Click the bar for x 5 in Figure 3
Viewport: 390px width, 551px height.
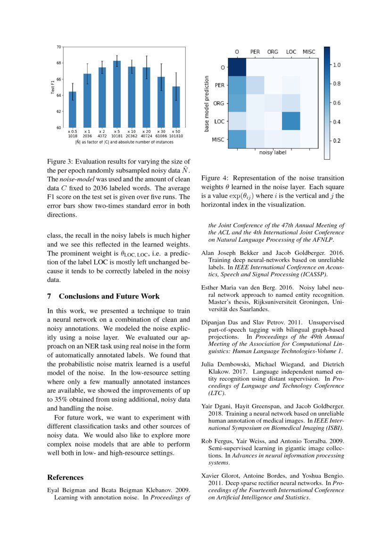click(x=116, y=94)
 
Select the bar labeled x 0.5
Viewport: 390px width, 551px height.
click(x=73, y=109)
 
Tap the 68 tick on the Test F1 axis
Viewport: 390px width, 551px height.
click(x=58, y=63)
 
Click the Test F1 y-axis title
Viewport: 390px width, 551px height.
click(x=53, y=87)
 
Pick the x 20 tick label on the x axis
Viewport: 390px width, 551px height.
click(x=147, y=133)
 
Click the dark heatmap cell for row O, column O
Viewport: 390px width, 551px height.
click(x=237, y=67)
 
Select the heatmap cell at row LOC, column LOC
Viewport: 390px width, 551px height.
click(x=291, y=121)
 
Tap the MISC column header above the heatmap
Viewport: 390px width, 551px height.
click(x=309, y=51)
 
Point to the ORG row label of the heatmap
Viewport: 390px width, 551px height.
click(x=219, y=103)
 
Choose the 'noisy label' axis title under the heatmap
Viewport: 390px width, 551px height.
click(x=273, y=152)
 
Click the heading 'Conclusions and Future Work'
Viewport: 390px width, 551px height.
click(x=109, y=296)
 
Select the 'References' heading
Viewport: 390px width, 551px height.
click(x=66, y=477)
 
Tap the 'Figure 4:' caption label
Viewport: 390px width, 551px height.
click(x=215, y=178)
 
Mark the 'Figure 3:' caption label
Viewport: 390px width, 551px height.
click(x=61, y=163)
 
